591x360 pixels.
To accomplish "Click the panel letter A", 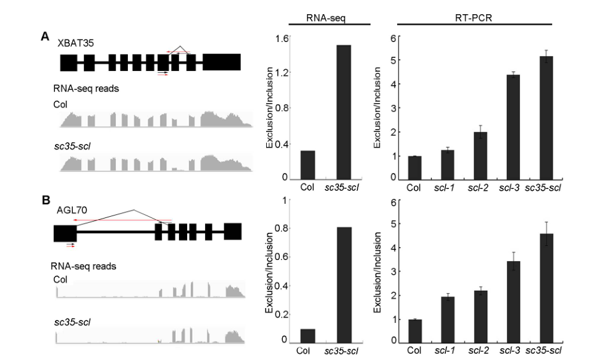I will point(44,37).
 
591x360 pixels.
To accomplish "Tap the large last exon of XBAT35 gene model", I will point(222,62).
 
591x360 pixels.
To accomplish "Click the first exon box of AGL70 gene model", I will point(65,233).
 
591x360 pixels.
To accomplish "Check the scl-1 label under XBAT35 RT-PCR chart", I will point(448,188).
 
